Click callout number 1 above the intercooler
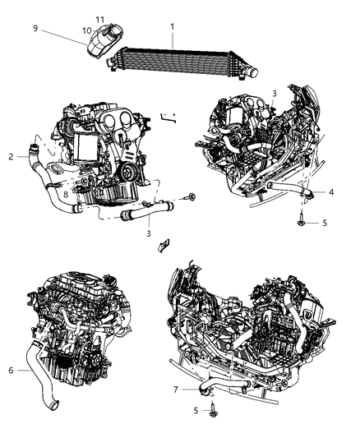pos(172,26)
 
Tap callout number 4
pos(331,193)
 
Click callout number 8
pos(66,194)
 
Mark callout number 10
pos(86,30)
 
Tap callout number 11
pos(99,19)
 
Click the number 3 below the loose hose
pos(149,233)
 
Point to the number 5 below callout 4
pos(324,222)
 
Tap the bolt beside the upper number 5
pos(302,219)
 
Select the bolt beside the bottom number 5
pos(212,410)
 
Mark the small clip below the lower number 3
pos(164,244)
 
